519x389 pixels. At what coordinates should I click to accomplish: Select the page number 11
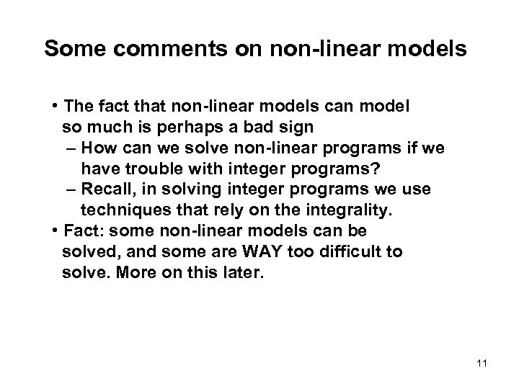click(x=482, y=362)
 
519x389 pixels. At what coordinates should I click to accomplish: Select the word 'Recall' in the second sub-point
click(x=105, y=189)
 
